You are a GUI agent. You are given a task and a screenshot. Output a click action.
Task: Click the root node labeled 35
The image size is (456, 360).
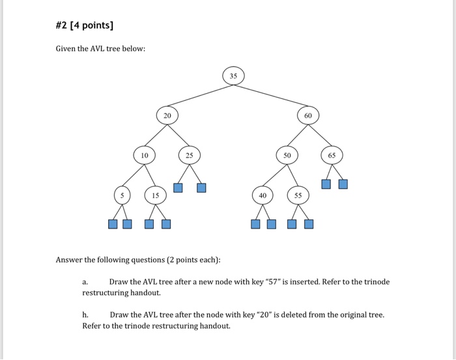234,76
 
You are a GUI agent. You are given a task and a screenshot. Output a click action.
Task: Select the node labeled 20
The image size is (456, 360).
167,115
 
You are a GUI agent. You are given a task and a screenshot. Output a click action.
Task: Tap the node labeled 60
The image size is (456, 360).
308,115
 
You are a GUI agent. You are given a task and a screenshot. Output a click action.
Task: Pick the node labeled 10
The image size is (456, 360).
145,156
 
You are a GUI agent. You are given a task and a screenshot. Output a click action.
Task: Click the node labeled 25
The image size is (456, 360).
189,156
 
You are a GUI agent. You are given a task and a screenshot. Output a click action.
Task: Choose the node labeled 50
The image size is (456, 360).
287,156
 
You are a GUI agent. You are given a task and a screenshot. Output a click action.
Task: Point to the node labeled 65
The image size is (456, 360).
332,156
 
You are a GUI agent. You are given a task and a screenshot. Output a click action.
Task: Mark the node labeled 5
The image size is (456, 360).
121,195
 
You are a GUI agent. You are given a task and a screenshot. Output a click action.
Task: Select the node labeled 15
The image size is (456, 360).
155,195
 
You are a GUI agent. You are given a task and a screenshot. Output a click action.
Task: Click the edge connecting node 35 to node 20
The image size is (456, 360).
200,96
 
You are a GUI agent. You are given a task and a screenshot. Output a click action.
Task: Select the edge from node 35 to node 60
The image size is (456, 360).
271,96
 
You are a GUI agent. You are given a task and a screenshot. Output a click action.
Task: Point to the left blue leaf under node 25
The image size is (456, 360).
177,188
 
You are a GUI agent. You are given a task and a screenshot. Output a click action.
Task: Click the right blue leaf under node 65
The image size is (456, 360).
343,184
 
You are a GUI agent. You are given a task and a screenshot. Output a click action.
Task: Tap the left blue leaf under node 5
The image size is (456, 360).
113,225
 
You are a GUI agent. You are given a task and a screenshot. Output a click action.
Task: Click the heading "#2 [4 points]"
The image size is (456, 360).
85,25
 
